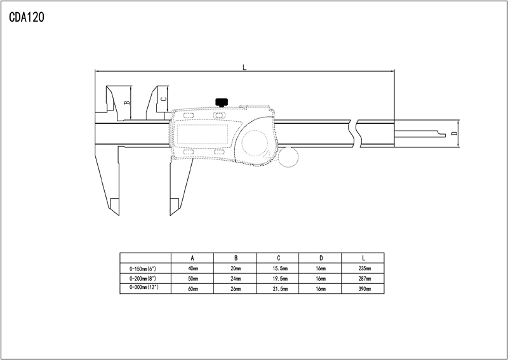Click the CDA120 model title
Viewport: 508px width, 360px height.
[x=27, y=17]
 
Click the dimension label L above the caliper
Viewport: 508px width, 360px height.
[x=244, y=67]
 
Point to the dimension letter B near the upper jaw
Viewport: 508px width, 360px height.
[x=128, y=102]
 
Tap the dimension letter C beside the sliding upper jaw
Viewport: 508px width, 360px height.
[x=164, y=99]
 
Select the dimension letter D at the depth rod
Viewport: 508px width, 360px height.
[x=454, y=133]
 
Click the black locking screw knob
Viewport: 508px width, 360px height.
[x=222, y=102]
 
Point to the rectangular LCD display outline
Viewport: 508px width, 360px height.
[x=203, y=134]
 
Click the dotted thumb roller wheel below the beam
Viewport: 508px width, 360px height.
[x=288, y=157]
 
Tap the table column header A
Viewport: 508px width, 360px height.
[x=192, y=258]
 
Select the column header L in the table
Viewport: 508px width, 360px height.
[x=363, y=258]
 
